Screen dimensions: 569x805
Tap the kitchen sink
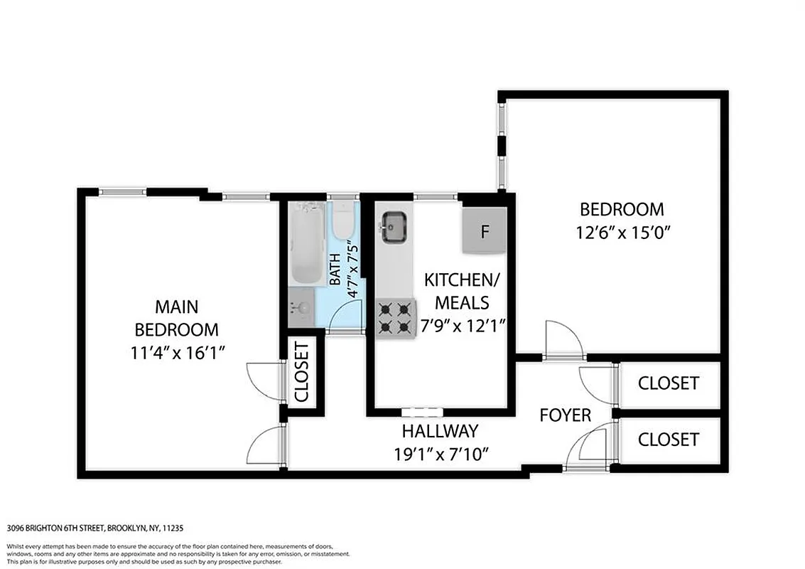(393, 227)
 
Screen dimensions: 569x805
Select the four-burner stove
(396, 318)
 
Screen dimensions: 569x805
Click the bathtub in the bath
(307, 242)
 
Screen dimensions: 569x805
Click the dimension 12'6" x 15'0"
(622, 232)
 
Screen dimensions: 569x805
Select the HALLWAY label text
(440, 431)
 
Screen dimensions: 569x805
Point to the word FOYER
(565, 415)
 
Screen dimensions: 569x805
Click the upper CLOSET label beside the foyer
(668, 383)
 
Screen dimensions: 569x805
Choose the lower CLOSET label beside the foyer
(668, 440)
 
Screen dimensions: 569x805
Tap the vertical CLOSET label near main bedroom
(302, 372)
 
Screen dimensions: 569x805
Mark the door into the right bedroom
(563, 341)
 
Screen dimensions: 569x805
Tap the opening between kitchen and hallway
(422, 411)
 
